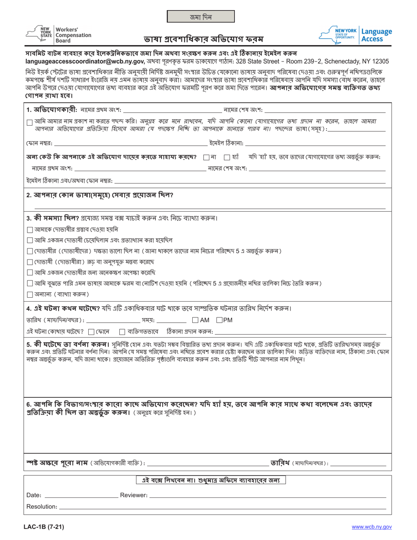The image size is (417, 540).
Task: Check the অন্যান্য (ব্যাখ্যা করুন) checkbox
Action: click(29, 294)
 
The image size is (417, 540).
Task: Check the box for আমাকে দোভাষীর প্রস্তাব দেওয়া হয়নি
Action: click(29, 230)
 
